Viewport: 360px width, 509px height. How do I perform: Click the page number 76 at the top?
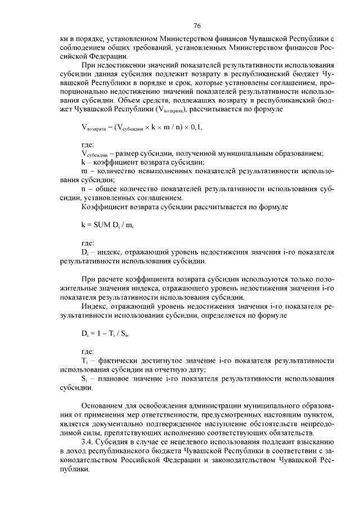coord(197,25)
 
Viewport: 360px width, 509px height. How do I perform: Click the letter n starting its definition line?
coord(83,189)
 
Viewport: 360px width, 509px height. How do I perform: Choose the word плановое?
coord(117,379)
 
